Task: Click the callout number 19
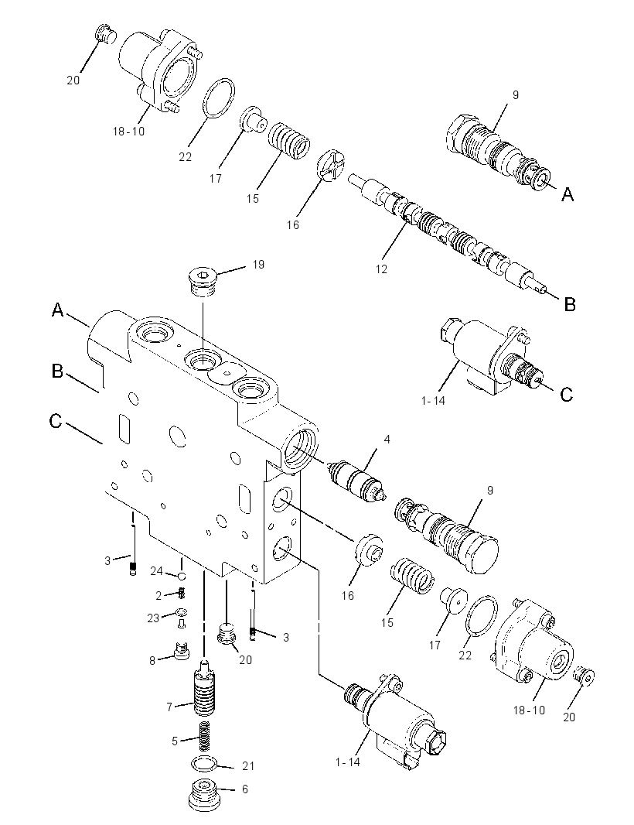(258, 264)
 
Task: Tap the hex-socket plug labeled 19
(203, 282)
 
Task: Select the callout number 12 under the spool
(381, 269)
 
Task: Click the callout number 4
(387, 439)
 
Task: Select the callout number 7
(169, 707)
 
